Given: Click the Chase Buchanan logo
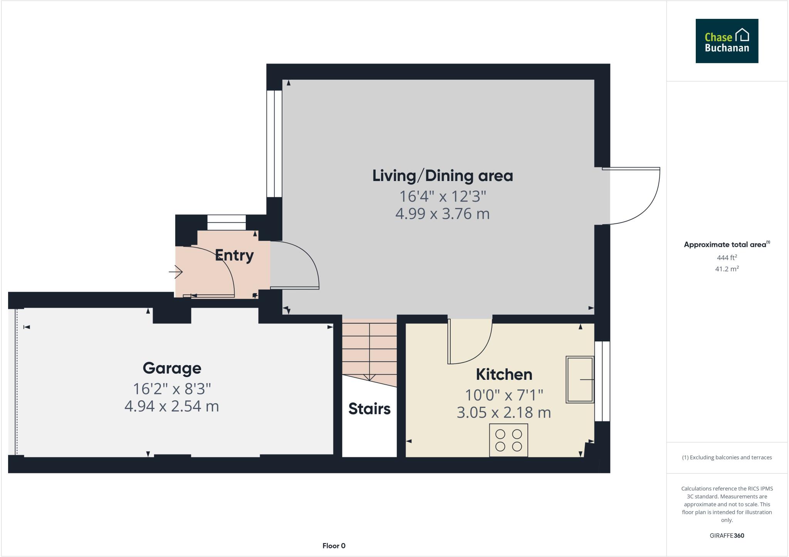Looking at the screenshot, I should point(727,41).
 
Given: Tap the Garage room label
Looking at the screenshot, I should point(172,368).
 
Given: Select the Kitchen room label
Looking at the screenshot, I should point(504,374).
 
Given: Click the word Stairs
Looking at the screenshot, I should point(369,409).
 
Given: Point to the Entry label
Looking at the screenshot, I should point(234,255).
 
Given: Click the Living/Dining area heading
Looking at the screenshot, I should point(442,176).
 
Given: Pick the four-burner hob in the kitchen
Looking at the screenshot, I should point(508,440).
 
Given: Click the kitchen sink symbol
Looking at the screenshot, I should point(579,379).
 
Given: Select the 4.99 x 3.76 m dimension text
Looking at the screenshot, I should point(442,214).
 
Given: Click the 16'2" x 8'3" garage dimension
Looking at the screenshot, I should point(172,389).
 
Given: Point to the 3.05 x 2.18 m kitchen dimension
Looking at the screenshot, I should point(504,413).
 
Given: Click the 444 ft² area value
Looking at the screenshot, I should point(727,257).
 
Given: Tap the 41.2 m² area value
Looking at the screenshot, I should point(727,269).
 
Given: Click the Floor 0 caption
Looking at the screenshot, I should point(334,545).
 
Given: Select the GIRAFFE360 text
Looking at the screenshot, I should point(727,535).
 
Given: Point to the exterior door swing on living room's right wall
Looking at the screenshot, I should point(640,200).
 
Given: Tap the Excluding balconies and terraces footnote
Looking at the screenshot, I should point(727,457).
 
